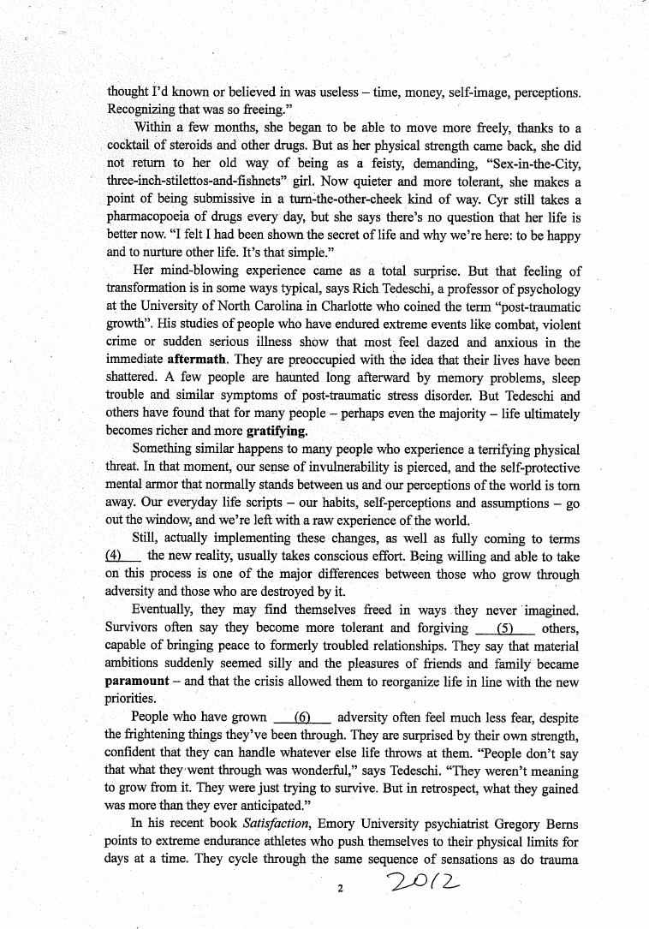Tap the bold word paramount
(137, 681)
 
